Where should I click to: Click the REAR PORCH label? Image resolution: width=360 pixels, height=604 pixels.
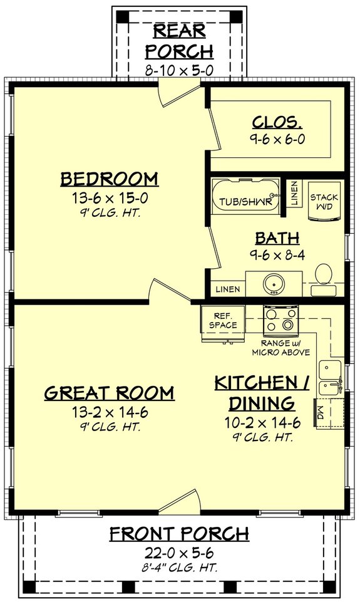pos(183,40)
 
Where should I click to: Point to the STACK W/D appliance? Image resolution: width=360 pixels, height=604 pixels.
pos(325,202)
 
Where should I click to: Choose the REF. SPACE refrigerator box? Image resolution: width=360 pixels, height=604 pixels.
pos(225,321)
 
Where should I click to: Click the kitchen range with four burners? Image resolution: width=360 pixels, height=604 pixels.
pos(280,319)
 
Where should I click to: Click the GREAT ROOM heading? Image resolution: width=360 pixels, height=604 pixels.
pos(110,393)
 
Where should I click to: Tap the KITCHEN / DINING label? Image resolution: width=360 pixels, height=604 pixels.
pos(262,392)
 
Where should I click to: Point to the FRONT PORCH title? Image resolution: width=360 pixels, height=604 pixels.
pos(180,534)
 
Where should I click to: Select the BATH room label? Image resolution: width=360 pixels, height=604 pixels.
pos(277,238)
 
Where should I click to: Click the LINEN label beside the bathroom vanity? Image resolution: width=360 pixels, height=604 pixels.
pos(226,290)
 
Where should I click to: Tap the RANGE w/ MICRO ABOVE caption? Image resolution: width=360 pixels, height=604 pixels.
pos(280,348)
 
